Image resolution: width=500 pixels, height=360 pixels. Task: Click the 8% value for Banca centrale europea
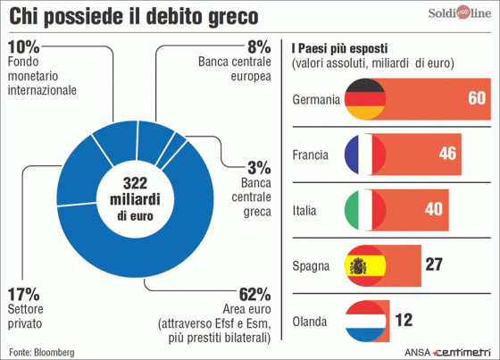point(257,46)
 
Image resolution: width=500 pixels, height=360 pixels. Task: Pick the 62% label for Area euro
point(254,294)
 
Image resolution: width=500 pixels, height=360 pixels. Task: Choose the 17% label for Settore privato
point(24,294)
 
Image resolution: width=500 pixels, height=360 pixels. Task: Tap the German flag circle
point(364,99)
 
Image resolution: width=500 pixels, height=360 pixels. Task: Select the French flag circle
point(364,155)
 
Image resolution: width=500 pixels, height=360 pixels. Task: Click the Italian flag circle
point(364,210)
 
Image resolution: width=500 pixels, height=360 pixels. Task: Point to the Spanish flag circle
point(364,265)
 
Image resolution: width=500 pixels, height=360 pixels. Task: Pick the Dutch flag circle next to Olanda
point(364,320)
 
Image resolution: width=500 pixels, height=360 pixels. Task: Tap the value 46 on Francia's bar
point(447,155)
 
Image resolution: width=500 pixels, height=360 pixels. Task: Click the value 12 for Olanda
point(404,320)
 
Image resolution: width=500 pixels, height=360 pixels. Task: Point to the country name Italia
point(306,211)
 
